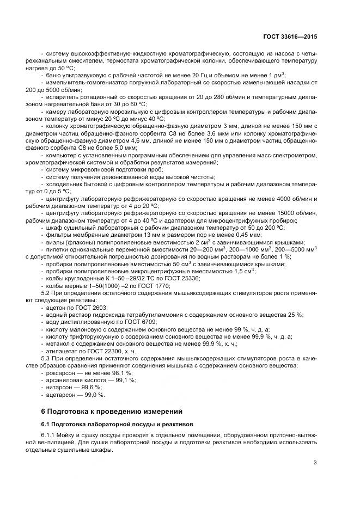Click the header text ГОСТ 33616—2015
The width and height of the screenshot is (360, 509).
click(289, 36)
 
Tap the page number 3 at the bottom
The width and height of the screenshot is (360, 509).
click(315, 463)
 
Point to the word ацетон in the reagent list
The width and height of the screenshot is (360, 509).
click(54, 308)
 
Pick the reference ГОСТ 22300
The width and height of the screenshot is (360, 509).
click(103, 352)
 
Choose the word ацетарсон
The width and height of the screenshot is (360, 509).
click(60, 394)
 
